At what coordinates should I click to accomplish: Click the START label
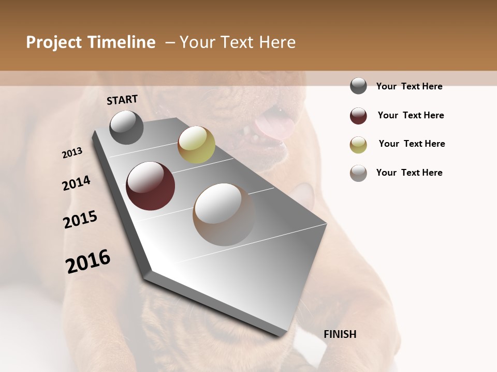pyautogui.click(x=122, y=100)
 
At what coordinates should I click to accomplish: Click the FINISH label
pyautogui.click(x=340, y=334)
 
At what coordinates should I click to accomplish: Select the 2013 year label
pyautogui.click(x=72, y=153)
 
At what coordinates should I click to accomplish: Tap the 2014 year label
pyautogui.click(x=76, y=183)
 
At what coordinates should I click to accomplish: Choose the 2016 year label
pyautogui.click(x=88, y=261)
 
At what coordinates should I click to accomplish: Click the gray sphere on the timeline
pyautogui.click(x=126, y=128)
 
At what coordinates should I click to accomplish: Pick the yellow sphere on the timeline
pyautogui.click(x=196, y=145)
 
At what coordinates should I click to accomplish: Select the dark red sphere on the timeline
pyautogui.click(x=151, y=186)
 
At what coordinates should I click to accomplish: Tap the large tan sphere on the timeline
pyautogui.click(x=224, y=214)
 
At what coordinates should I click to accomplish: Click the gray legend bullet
pyautogui.click(x=358, y=86)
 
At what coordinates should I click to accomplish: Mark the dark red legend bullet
pyautogui.click(x=358, y=116)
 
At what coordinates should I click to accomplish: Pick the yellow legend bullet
pyautogui.click(x=358, y=145)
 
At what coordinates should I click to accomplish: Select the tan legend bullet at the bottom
pyautogui.click(x=358, y=173)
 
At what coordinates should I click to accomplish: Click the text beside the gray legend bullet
pyautogui.click(x=409, y=86)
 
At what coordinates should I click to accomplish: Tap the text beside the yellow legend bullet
pyautogui.click(x=412, y=144)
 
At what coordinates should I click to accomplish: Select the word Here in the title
pyautogui.click(x=277, y=42)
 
